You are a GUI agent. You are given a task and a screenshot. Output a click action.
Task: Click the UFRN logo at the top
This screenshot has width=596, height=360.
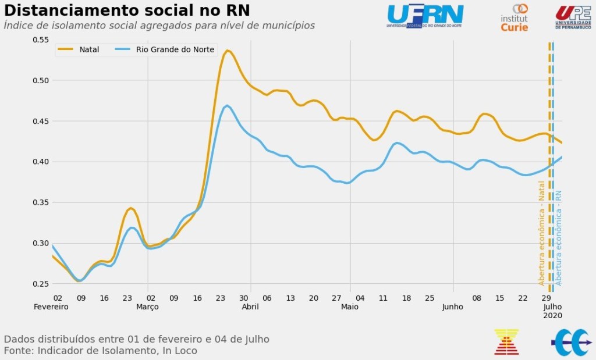pos(425,16)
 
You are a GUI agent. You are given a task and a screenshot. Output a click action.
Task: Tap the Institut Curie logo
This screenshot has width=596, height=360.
pos(515,17)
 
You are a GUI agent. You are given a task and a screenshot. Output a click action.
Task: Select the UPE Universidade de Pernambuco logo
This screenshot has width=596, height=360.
pos(573,17)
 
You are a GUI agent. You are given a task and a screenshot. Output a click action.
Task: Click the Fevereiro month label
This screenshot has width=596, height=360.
pos(51,306)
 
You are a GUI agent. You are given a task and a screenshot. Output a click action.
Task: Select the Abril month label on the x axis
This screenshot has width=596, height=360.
pos(250,306)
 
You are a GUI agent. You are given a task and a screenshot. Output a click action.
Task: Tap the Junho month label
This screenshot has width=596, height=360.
pos(452,306)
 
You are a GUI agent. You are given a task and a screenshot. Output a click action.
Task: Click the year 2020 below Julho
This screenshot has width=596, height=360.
pos(552,315)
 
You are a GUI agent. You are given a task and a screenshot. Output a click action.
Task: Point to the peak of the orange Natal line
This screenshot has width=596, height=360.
pos(228,51)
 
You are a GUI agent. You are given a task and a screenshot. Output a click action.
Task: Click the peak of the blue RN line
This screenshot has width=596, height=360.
pos(227,105)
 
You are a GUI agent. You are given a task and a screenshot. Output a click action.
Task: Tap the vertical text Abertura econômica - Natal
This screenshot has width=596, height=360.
pos(542,233)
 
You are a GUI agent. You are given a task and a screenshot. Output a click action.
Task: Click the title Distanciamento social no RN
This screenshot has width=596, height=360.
pos(127,10)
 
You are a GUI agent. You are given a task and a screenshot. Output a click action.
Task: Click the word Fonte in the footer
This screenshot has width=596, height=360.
pos(17,351)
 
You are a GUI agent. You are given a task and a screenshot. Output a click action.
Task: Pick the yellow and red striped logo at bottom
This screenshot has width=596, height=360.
pos(506,341)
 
